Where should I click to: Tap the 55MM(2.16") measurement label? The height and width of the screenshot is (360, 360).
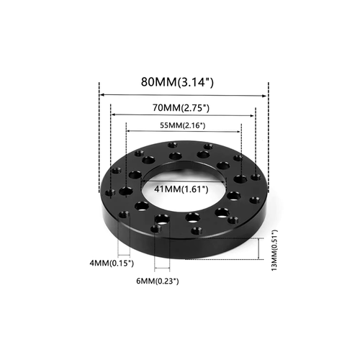(183, 125)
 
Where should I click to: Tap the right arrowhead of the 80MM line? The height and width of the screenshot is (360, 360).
(265, 94)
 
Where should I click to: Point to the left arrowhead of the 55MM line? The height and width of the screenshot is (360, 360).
(128, 131)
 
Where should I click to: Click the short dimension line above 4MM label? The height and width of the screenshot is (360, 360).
(125, 256)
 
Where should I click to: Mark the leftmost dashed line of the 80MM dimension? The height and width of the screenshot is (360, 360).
(98, 130)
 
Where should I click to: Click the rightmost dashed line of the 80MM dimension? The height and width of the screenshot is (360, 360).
(268, 130)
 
